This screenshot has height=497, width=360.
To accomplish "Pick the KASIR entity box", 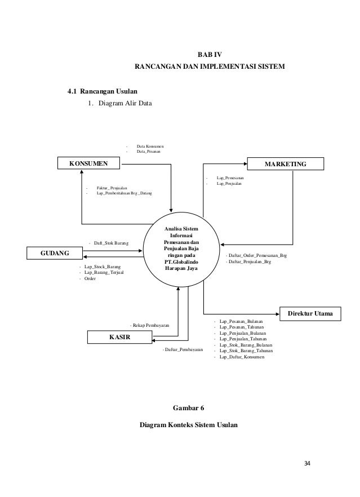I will click(119, 337).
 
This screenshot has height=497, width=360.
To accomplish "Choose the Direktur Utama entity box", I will click(310, 313).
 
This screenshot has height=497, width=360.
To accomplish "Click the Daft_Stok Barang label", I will click(110, 243).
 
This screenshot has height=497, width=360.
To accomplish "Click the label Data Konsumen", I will click(150, 146).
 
